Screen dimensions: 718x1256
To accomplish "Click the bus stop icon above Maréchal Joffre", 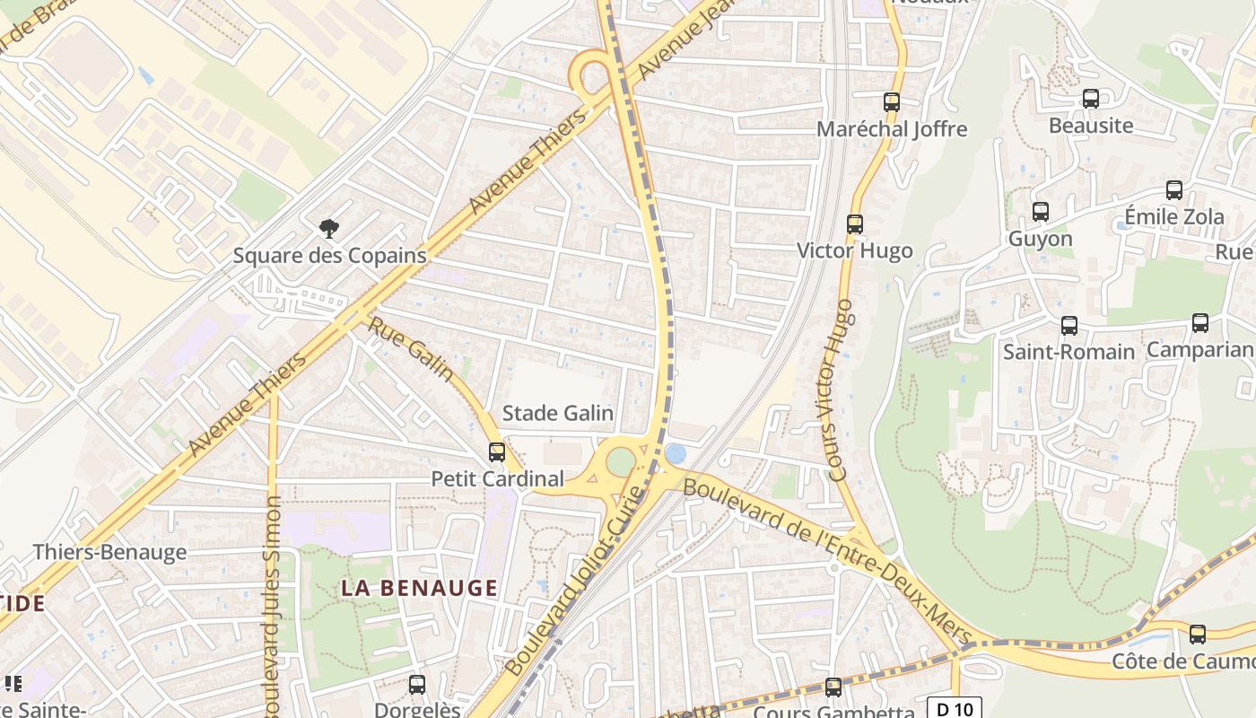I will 891,102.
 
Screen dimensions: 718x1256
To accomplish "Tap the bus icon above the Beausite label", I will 1091,99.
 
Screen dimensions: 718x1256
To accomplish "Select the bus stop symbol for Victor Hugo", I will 855,224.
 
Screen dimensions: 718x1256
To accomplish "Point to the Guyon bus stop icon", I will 1040,212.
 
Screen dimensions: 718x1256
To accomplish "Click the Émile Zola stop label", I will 1174,217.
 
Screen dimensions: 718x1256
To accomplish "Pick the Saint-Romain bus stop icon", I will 1068,325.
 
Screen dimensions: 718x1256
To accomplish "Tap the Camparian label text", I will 1199,350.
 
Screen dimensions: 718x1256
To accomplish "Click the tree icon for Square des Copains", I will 329,229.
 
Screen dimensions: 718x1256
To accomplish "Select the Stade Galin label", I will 557,413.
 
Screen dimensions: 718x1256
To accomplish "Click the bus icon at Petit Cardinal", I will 496,452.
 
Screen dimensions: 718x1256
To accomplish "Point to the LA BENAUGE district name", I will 420,588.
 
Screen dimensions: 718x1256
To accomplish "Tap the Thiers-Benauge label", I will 110,552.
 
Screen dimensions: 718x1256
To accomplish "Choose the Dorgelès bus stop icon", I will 417,685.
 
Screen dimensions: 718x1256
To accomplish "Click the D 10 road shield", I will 955,709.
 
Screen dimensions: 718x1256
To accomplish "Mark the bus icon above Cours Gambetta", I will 833,687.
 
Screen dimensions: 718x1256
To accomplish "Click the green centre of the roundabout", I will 621,463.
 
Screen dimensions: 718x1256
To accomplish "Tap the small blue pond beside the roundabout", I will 676,455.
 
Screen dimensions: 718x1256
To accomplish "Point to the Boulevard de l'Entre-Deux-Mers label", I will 827,562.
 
